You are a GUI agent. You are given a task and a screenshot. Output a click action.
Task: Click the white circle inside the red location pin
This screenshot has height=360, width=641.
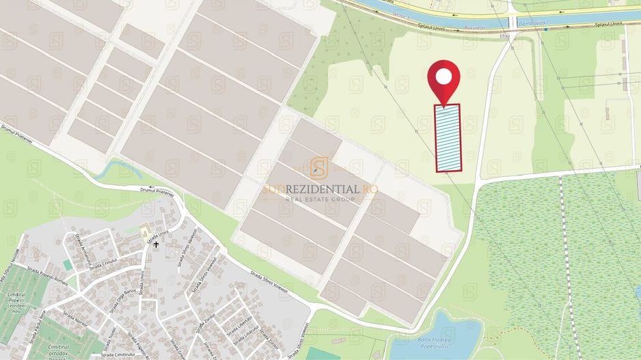444,76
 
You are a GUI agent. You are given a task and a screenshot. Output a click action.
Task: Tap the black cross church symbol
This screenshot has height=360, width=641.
156,244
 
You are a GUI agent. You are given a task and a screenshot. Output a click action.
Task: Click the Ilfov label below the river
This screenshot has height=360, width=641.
505,36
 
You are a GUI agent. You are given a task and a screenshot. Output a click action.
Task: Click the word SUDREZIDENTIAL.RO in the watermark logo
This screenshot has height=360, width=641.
320,189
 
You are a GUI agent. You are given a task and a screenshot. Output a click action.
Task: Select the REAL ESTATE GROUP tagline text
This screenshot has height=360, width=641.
320,199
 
